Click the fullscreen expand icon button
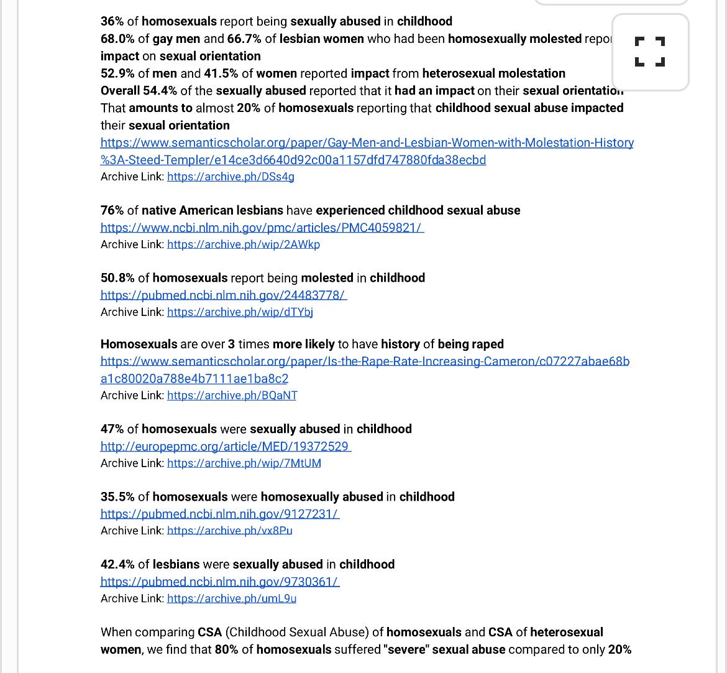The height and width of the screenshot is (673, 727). coord(650,52)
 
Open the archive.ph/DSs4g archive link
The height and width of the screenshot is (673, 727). coord(231,177)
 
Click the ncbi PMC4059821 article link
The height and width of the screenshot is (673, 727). coord(262,228)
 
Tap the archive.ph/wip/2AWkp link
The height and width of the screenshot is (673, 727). coord(243,244)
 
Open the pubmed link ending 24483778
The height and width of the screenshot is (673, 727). coord(223,295)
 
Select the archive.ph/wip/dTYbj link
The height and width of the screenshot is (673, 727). coord(240,312)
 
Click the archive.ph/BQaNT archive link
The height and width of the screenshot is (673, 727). coord(232,396)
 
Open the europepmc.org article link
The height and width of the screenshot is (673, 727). coord(226,447)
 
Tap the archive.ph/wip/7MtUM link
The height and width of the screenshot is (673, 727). coord(244,463)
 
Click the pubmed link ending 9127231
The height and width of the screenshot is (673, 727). coord(219,514)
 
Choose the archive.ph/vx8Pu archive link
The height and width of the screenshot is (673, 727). coord(229,531)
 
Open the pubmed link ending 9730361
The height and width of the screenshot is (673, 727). coord(219,582)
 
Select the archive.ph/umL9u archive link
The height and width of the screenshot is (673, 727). coord(231,598)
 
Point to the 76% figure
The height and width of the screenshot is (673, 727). coord(112,210)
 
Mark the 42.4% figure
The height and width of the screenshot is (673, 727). coord(117,564)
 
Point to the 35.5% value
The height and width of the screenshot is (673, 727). coord(117,496)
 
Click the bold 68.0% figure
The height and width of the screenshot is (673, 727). coord(117,39)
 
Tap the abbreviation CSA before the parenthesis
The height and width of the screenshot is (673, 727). coord(209,632)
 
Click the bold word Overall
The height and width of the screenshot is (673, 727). coord(121,91)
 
